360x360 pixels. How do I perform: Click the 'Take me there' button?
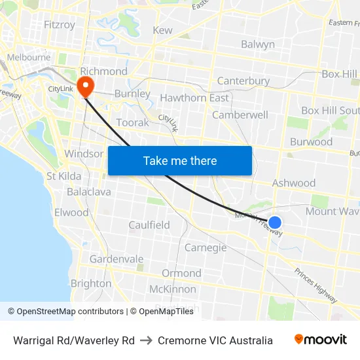pos(180,160)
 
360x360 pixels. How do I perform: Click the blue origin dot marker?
pos(275,223)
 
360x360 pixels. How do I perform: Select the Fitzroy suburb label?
pos(59,25)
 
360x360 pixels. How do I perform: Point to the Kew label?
pos(162,30)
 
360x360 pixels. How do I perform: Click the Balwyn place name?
pos(258,45)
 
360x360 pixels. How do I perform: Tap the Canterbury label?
pos(243,81)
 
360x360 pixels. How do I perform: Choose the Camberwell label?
pos(240,115)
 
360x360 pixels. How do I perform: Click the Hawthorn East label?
pos(194,98)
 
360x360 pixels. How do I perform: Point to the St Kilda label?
pos(64,176)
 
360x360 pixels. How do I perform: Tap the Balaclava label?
pos(89,192)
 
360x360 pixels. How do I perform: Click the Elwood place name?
pos(71,213)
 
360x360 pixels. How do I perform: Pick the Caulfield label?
pos(149,225)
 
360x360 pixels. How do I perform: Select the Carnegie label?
pos(206,247)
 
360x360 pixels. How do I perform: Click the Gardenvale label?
pos(117,259)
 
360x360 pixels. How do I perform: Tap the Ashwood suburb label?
pos(294,183)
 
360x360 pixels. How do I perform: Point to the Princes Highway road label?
pos(315,285)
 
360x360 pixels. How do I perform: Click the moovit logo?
pos(321,340)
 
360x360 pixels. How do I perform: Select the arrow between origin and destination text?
pos(146,340)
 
